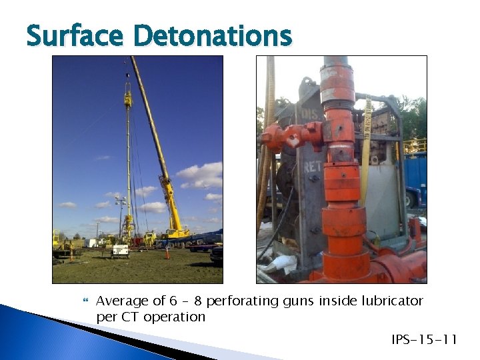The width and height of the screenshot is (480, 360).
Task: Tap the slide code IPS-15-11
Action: click(x=425, y=341)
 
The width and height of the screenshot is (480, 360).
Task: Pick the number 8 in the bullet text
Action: click(x=197, y=301)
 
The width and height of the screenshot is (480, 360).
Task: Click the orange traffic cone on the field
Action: click(x=167, y=253)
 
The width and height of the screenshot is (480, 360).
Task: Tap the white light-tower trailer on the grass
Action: click(x=119, y=250)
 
